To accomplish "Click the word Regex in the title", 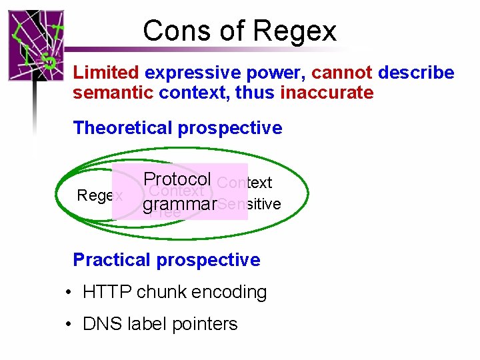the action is coord(295,31).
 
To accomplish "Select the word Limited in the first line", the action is coord(106,73).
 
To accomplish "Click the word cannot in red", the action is coord(341,73).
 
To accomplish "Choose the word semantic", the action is coord(113,93).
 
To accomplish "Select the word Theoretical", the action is coord(124,128).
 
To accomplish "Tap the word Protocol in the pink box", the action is coord(177,179).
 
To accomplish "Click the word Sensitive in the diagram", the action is coord(249,204).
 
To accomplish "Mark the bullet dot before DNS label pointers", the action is coord(69,325).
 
